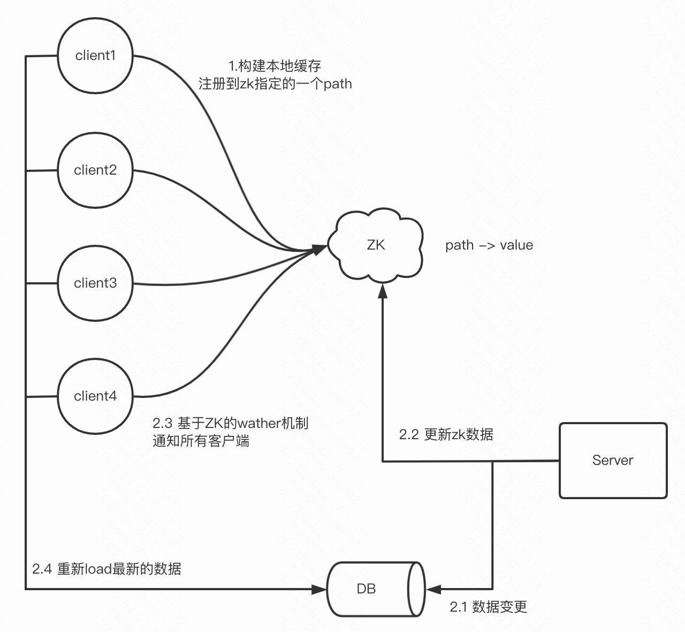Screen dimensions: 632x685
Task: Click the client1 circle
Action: click(x=95, y=56)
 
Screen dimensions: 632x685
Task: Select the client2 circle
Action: click(x=95, y=170)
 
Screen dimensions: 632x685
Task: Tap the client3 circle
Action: click(x=95, y=283)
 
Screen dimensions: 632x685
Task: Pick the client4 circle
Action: click(x=95, y=396)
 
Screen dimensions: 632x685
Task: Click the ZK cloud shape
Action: click(x=376, y=245)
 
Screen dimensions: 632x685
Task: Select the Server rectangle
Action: click(x=613, y=461)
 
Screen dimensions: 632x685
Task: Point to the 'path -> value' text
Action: click(x=489, y=245)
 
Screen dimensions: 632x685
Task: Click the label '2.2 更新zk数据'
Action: click(x=446, y=434)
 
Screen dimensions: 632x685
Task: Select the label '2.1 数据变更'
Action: click(x=489, y=607)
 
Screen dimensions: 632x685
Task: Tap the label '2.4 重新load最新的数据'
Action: click(x=106, y=569)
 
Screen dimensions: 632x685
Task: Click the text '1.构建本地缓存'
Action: click(x=275, y=66)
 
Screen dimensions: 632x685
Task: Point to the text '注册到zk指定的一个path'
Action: click(x=275, y=84)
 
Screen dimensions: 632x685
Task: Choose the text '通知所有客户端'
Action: click(x=201, y=441)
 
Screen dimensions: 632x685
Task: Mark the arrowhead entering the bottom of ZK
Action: click(x=382, y=290)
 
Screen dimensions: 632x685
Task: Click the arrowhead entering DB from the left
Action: click(x=319, y=589)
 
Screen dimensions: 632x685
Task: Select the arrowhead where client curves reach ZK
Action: click(x=320, y=249)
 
